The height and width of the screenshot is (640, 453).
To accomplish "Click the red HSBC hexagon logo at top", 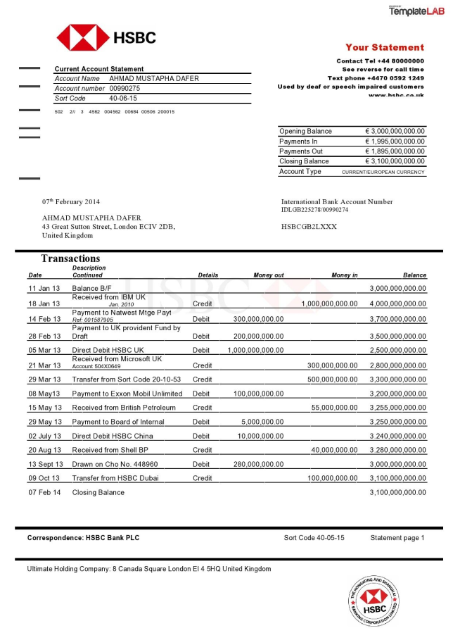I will pos(83,37).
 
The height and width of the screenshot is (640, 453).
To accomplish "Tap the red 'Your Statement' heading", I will pos(384,48).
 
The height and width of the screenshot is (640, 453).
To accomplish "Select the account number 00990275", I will pos(125,89).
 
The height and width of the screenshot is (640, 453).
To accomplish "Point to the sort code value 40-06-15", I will pos(123,99).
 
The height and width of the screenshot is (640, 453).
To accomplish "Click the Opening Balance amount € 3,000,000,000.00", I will pos(395,132).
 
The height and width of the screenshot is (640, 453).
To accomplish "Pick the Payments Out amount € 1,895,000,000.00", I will pos(395,151).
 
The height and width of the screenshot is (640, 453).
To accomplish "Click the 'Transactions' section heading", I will pos(70,258).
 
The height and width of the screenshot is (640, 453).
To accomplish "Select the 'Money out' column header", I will pos(268,275).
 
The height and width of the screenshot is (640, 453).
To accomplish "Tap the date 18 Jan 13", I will pos(44,304).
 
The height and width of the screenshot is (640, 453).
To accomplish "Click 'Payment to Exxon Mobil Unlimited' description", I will pos(127,394).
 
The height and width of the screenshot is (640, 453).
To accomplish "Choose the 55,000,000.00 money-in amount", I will pos(334,408).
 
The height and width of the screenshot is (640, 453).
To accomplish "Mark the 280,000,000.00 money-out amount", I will pos(258,465).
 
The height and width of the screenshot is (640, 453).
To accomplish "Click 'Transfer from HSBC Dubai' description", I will pos(115,478).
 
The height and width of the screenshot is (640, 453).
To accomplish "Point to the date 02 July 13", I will pos(46,437).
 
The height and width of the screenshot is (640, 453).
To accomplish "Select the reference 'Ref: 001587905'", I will pos(92,320).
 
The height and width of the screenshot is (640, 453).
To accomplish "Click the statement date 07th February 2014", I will pos(71,202).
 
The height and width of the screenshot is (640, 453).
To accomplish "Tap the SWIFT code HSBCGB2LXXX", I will pos(309,227).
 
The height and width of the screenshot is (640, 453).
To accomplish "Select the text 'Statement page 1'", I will pos(397,538).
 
